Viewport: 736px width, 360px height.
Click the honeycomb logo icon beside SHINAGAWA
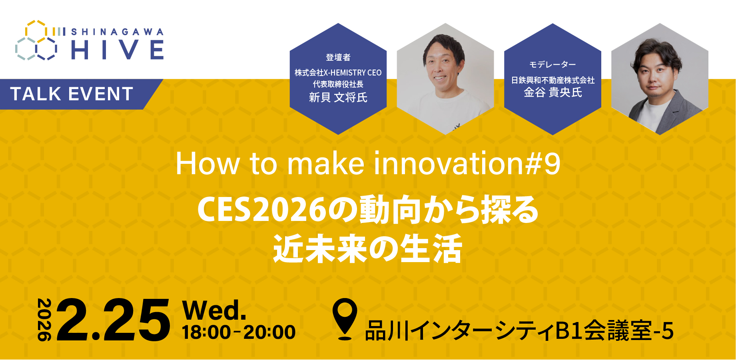36,41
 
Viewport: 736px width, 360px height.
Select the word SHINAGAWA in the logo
117,32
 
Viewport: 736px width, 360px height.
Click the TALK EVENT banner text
72,94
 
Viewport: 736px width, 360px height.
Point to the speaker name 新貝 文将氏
338,97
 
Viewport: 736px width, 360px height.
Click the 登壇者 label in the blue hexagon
338,58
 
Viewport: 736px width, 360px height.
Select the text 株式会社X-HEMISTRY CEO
338,73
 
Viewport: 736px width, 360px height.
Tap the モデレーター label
552,65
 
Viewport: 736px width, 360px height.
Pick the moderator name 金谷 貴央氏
552,93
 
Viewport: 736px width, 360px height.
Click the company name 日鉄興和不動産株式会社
552,80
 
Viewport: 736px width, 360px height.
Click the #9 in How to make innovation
543,163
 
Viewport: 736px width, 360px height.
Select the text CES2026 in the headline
262,210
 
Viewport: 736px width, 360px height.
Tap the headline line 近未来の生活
367,249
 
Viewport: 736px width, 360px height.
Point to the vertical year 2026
44,320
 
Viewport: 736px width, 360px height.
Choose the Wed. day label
214,310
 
